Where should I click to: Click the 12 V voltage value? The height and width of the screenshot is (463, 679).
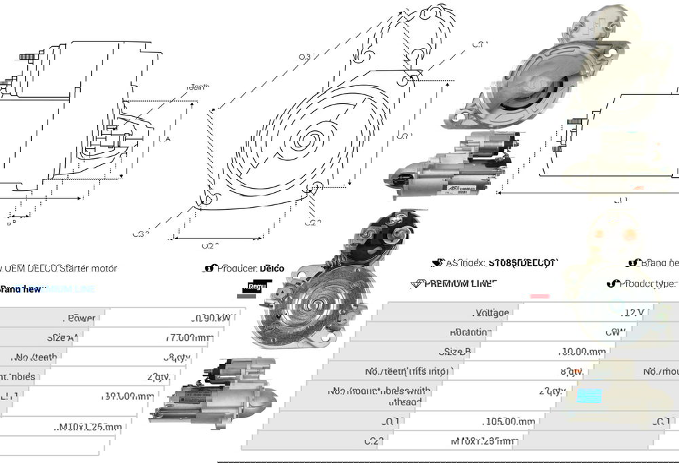click(634, 313)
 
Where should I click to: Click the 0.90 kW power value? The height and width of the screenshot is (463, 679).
click(210, 318)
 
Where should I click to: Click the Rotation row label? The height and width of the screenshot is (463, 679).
click(469, 333)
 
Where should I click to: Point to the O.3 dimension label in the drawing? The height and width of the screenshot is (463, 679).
click(305, 57)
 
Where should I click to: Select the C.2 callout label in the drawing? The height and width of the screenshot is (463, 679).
click(312, 222)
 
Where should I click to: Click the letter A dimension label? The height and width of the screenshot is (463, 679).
click(168, 138)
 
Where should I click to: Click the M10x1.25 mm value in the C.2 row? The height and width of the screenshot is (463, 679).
click(483, 441)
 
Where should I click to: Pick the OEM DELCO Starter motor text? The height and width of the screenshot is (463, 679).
click(61, 268)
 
